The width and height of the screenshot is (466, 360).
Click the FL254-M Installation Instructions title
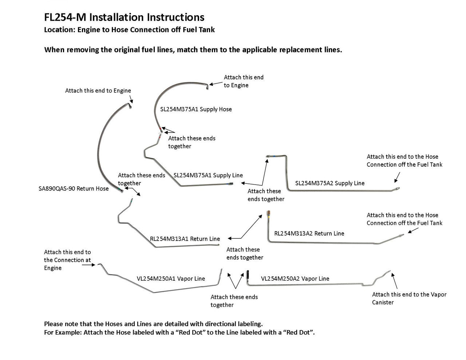pos(124,17)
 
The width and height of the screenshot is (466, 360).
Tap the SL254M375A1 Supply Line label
pos(208,175)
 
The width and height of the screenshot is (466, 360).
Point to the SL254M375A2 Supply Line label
pos(330,183)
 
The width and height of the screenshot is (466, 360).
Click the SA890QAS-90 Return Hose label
pos(74,189)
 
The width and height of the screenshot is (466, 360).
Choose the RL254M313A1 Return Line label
pos(185,239)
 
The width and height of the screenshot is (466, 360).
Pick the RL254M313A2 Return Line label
pos(309,233)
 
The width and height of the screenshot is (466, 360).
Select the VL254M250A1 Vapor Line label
pos(171,278)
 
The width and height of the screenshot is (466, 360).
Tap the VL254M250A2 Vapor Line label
pos(295,278)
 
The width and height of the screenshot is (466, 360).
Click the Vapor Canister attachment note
pos(409,298)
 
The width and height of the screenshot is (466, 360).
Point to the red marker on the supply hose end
pos(161,128)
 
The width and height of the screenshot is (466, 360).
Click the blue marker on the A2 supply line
pos(268,156)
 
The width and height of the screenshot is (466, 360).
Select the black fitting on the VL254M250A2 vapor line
pos(247,273)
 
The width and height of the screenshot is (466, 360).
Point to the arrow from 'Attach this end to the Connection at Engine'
pos(89,265)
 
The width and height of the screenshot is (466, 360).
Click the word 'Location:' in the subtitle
pos(60,30)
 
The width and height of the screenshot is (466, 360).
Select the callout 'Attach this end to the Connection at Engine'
pos(67,260)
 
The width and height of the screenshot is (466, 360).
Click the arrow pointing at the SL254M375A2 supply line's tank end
pos(397,177)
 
